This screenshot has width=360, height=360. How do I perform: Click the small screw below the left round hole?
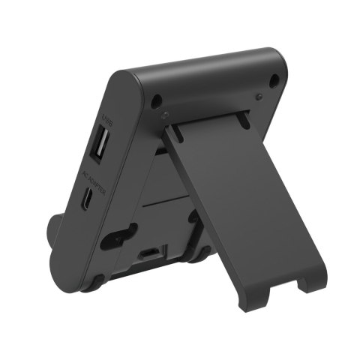[165, 115]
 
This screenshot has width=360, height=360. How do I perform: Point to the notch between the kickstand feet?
[287, 283]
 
